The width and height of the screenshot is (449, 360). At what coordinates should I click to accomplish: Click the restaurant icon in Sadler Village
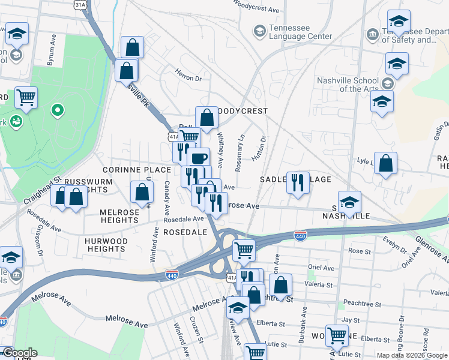tap(298, 182)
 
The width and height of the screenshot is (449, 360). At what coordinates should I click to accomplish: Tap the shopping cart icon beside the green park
tap(26, 97)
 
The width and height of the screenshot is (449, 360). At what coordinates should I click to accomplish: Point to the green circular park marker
tap(57, 110)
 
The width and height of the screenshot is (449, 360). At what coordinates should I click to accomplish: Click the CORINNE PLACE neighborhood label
tap(137, 170)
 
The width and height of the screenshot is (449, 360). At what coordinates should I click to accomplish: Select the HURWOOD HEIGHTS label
tap(106, 245)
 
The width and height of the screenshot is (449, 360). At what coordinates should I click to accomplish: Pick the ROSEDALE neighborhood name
tap(185, 232)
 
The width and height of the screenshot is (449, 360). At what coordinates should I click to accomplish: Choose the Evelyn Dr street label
tap(396, 246)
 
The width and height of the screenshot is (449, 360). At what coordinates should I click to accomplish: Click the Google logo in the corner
tap(19, 353)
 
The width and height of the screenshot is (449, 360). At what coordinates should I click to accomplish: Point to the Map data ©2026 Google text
tap(412, 355)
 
